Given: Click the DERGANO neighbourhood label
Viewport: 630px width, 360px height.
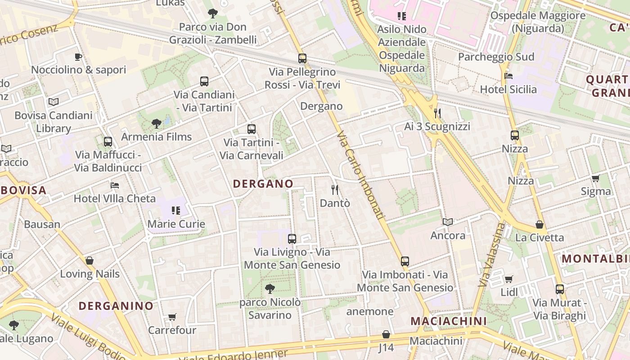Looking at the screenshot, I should click(263, 184).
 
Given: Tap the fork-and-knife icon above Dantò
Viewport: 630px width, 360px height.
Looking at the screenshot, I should click(334, 189).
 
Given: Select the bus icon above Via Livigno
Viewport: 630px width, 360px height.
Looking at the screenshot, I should click(292, 239).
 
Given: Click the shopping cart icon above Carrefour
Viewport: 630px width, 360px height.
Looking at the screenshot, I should click(172, 317).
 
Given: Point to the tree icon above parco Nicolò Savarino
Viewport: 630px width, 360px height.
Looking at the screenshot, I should click(270, 288).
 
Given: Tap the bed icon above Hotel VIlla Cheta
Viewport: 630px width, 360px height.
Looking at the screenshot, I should click(115, 185).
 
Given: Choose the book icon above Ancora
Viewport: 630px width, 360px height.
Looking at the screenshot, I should click(447, 222).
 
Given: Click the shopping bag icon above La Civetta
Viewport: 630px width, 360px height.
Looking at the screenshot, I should click(540, 224).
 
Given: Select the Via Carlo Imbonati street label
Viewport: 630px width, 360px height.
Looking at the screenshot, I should click(361, 175).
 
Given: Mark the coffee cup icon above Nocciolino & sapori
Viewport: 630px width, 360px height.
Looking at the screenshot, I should click(78, 57).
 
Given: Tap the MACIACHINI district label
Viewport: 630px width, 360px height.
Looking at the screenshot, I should click(449, 321).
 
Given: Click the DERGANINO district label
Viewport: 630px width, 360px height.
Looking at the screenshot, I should click(116, 306).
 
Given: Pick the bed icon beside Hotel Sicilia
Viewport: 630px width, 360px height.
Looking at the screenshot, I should click(508, 76).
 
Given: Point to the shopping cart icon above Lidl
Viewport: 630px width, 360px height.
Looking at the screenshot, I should click(508, 279).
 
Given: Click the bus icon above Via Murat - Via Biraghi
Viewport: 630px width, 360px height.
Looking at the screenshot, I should click(559, 289).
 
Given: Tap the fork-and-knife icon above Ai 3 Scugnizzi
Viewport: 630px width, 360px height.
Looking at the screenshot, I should click(436, 113).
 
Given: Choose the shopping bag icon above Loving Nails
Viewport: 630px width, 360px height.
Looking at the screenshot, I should click(90, 261).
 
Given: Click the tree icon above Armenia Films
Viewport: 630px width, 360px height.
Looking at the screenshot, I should click(156, 123).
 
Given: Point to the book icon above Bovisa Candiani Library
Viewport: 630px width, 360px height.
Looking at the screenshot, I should click(54, 102).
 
